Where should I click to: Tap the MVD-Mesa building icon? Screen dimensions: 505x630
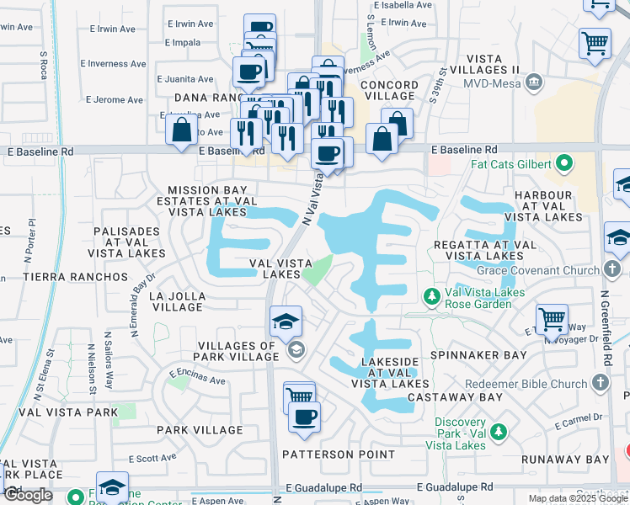click(x=532, y=82)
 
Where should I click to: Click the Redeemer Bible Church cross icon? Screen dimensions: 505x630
click(x=599, y=384)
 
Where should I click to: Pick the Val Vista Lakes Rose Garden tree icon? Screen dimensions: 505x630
click(x=431, y=297)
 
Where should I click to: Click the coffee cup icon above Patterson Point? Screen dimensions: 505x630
click(x=304, y=416)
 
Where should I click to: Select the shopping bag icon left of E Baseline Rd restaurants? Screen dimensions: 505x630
click(x=181, y=130)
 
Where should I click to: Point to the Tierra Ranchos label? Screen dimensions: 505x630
click(x=56, y=276)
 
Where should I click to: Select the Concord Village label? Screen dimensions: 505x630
click(x=389, y=91)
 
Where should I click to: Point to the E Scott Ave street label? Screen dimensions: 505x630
click(x=152, y=458)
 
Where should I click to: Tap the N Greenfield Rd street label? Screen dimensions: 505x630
click(x=606, y=327)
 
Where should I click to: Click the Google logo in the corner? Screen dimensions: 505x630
click(x=28, y=495)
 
